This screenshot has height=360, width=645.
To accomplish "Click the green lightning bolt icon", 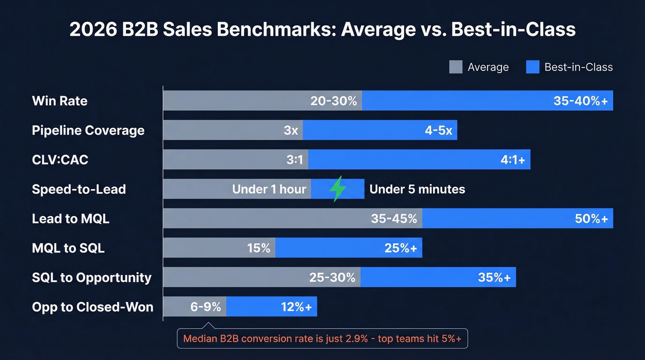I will point(338,189).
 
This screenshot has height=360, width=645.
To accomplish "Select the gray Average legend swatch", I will point(455,67).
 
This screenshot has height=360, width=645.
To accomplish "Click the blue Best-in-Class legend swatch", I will point(533,67).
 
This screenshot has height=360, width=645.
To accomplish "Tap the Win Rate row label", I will point(60,101).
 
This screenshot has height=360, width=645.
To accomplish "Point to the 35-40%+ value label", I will point(580,101).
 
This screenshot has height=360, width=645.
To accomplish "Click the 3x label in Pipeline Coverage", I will point(291,130).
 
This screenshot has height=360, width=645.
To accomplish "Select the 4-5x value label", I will point(438,130).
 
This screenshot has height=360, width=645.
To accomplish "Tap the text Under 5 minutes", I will point(417,189).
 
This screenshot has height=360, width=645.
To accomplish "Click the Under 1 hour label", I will point(269,189).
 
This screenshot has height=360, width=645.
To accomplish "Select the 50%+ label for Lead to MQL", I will point(591,219).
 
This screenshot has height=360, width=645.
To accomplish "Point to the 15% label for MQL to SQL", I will point(258,248).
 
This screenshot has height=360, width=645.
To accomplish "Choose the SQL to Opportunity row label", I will point(92,277).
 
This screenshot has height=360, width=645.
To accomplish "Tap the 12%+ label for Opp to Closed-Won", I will point(296,307).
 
